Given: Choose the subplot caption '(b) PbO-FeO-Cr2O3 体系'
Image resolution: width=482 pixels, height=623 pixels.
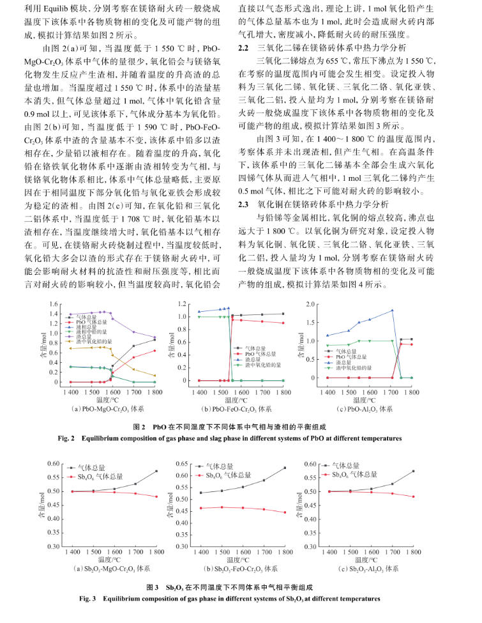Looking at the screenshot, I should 237,408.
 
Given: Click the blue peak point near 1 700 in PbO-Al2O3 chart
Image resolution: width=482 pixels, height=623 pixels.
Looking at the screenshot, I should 391,311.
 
